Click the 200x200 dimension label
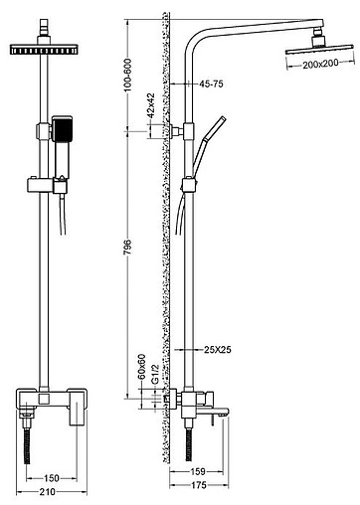320,64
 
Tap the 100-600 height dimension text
127,75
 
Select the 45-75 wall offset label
211,84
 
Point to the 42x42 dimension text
150,105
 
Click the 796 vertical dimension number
127,247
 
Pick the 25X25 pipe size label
218,349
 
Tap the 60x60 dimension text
141,367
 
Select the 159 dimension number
198,471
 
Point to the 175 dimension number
199,485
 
